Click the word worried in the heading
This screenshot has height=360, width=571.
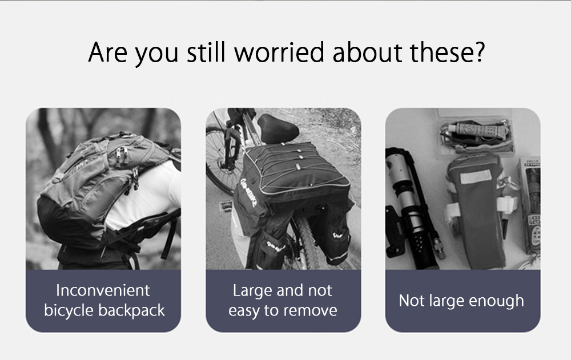[279, 52]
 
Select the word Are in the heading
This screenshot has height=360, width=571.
[108, 52]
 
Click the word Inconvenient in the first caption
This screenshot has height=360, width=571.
[103, 290]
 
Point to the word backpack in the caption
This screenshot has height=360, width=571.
[131, 310]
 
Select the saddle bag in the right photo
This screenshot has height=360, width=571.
[475, 208]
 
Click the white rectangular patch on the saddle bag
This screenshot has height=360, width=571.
[476, 176]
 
